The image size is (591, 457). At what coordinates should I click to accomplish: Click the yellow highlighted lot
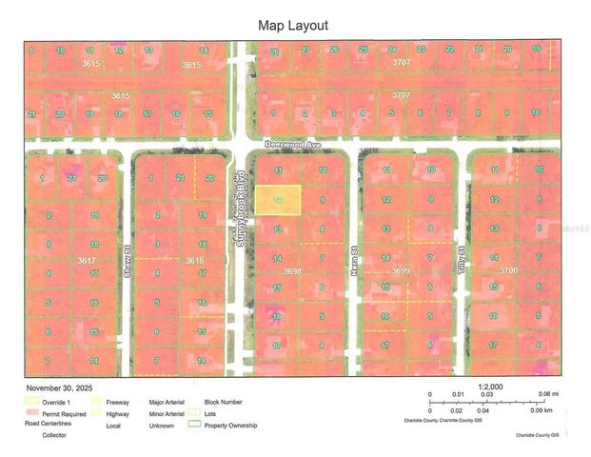coord(277,200)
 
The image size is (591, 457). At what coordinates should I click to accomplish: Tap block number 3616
coord(196,260)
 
